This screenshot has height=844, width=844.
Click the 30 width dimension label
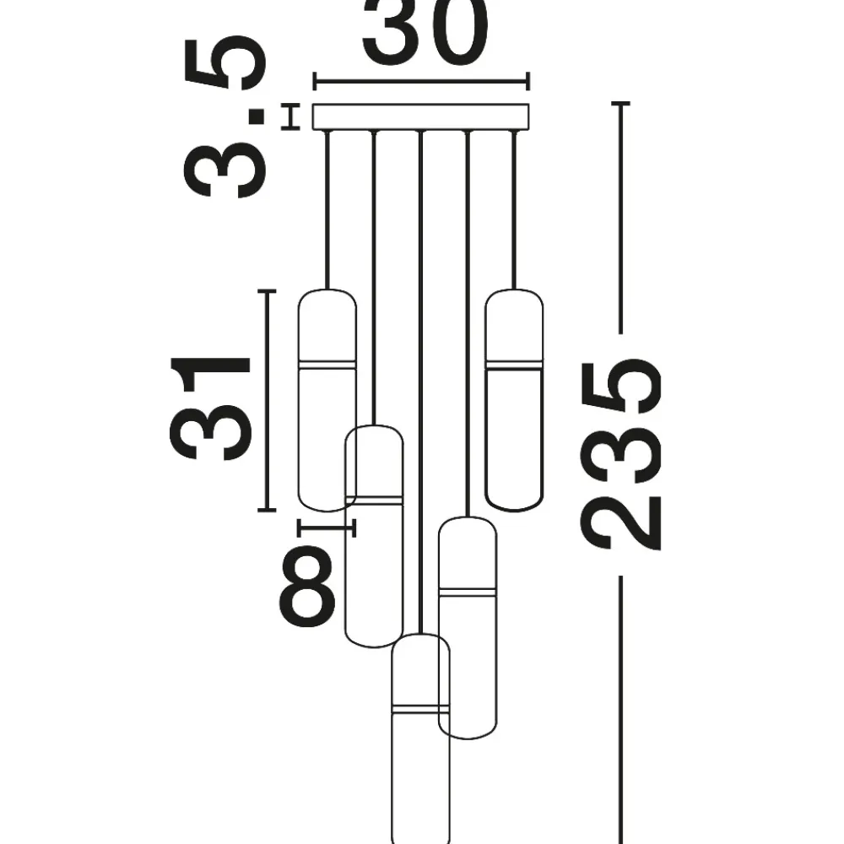coord(425,30)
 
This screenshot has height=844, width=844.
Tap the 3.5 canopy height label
coord(225,116)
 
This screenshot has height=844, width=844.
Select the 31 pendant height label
coord(210,409)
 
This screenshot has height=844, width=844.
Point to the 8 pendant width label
coord(307,586)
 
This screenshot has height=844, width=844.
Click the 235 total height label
coord(620,454)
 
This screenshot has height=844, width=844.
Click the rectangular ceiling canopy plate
coord(421,116)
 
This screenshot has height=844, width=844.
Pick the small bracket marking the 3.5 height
coord(290,116)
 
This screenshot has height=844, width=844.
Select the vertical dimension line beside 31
coord(266,400)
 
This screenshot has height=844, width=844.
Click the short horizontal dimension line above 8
coord(326,528)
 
